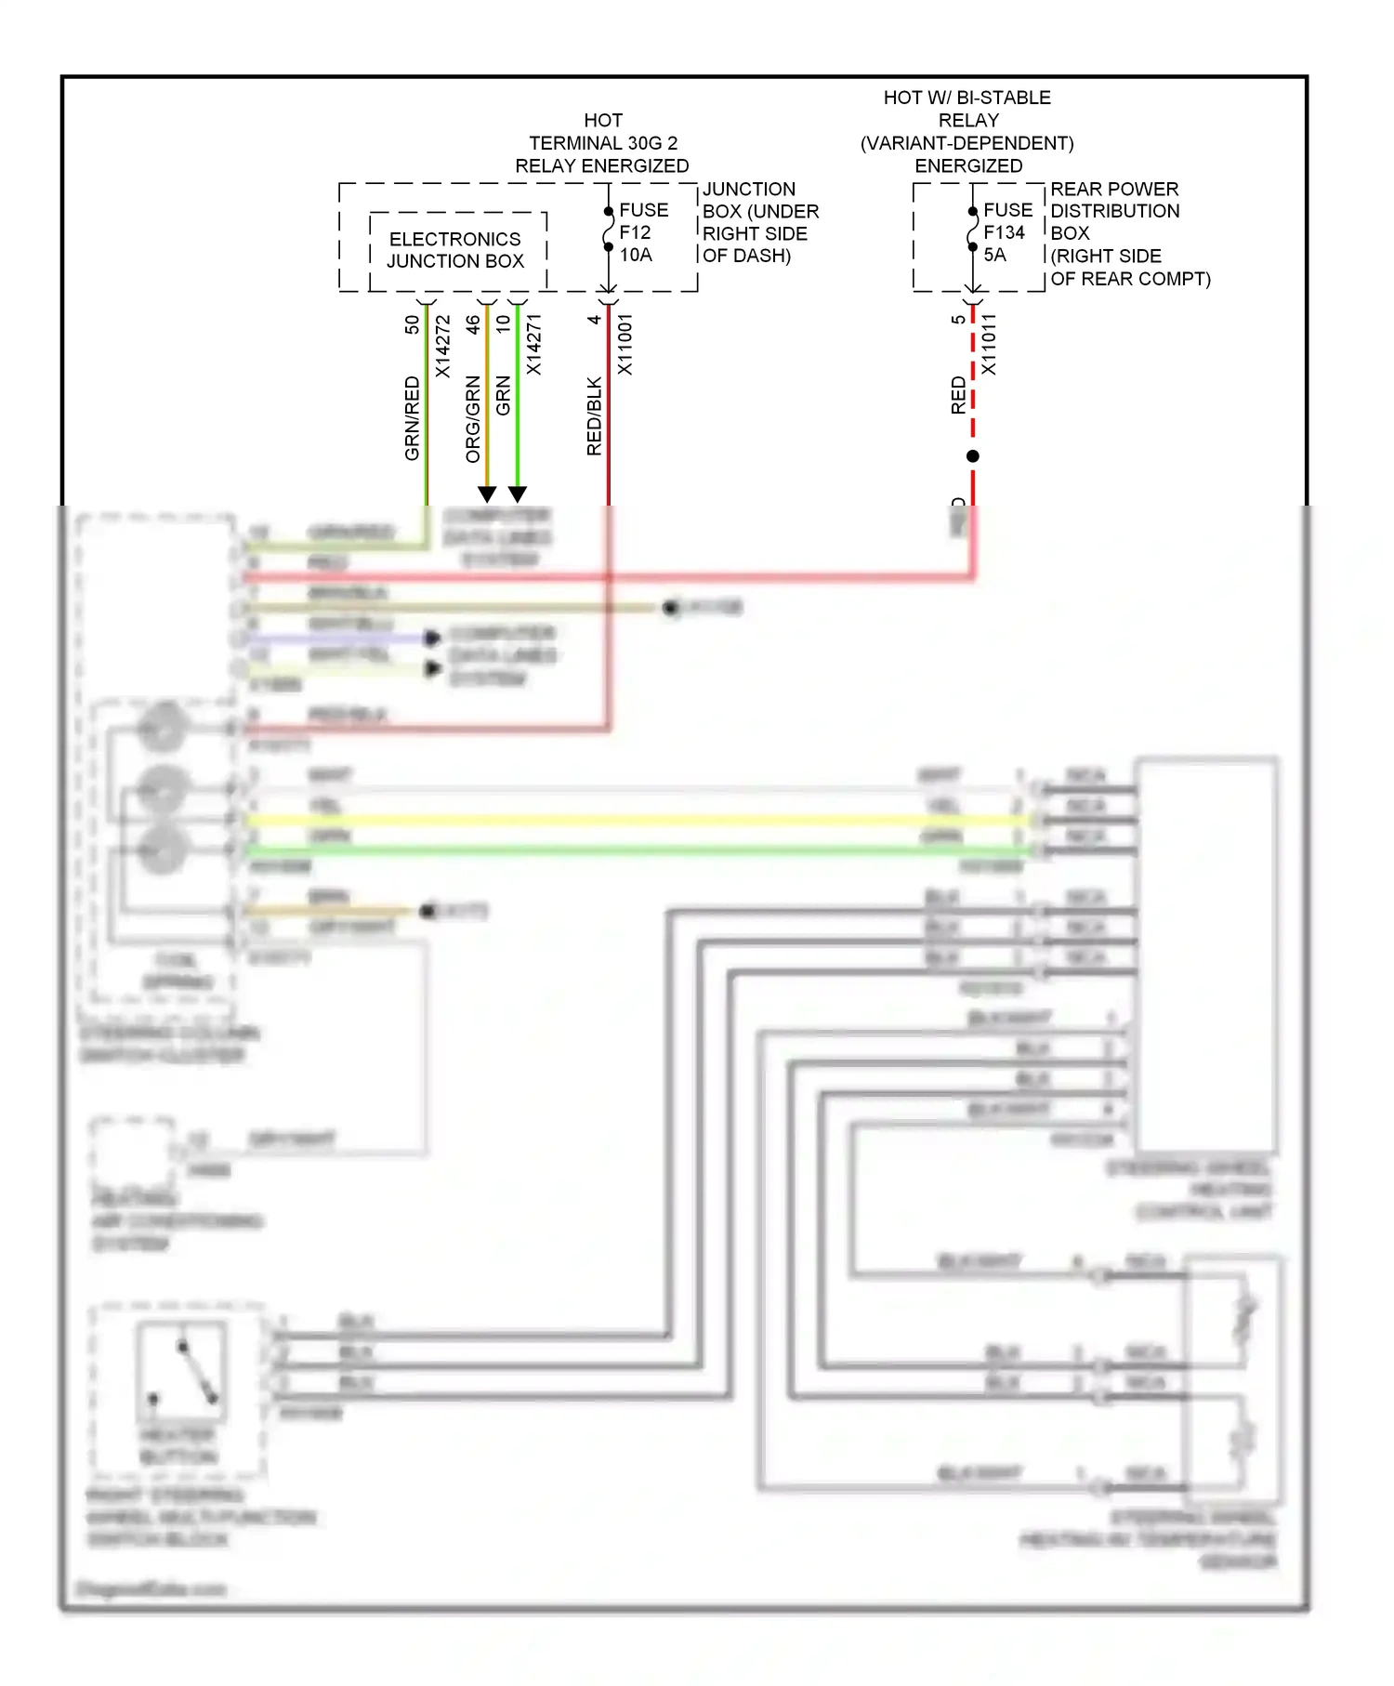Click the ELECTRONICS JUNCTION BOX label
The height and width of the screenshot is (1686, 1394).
pyautogui.click(x=454, y=250)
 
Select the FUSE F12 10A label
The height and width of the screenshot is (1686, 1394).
pyautogui.click(x=642, y=232)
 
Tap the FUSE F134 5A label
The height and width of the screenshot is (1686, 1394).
pyautogui.click(x=1006, y=232)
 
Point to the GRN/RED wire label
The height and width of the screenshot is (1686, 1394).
pyautogui.click(x=412, y=417)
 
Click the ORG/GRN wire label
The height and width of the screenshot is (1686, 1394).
pyautogui.click(x=473, y=418)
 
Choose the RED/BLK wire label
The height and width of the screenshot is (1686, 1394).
pyautogui.click(x=594, y=415)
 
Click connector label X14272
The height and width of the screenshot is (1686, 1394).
pyautogui.click(x=443, y=346)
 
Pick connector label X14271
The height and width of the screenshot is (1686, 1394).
pyautogui.click(x=533, y=344)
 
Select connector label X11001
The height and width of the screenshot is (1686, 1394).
pyautogui.click(x=625, y=344)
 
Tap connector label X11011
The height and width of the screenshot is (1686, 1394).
pyautogui.click(x=989, y=344)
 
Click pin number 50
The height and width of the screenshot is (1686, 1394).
pyautogui.click(x=412, y=324)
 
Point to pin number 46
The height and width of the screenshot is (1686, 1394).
pyautogui.click(x=473, y=324)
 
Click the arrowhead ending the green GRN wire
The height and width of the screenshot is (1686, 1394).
pyautogui.click(x=518, y=494)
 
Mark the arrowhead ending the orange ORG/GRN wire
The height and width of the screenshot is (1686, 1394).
pyautogui.click(x=487, y=494)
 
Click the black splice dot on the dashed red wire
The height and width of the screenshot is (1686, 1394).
pyautogui.click(x=973, y=456)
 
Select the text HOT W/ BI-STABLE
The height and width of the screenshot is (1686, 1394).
pyautogui.click(x=967, y=98)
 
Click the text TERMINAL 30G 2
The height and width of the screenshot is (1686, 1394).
pyautogui.click(x=603, y=143)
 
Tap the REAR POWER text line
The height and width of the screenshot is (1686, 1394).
pyautogui.click(x=1113, y=189)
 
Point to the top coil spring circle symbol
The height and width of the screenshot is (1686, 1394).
pyautogui.click(x=164, y=728)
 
